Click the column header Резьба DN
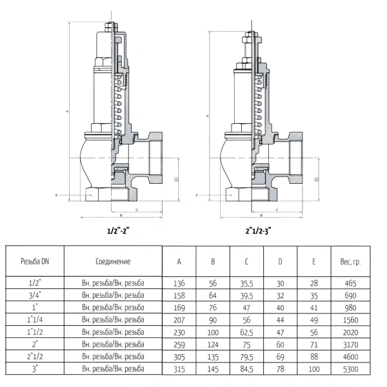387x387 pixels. (x=35, y=261)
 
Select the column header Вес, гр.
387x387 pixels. (x=350, y=262)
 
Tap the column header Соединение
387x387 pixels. (x=113, y=261)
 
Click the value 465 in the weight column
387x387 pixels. (x=350, y=283)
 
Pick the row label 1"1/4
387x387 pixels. (x=35, y=320)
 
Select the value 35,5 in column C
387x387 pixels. (x=246, y=284)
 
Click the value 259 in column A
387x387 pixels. (x=179, y=344)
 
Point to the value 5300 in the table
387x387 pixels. (x=350, y=369)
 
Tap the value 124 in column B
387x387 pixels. (x=213, y=344)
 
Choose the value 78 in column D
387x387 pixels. (x=280, y=369)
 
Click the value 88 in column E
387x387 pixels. (x=314, y=357)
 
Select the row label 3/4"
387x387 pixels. (x=35, y=295)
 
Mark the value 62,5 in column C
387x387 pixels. (x=246, y=332)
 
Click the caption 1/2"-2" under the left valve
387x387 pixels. (x=118, y=231)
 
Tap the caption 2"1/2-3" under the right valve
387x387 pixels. (x=258, y=231)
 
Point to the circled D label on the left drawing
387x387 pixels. (x=177, y=180)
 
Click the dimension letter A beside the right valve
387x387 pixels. (x=208, y=115)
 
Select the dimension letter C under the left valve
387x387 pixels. (x=137, y=210)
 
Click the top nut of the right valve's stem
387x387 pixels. (x=252, y=34)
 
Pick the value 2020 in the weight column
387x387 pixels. (x=350, y=332)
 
